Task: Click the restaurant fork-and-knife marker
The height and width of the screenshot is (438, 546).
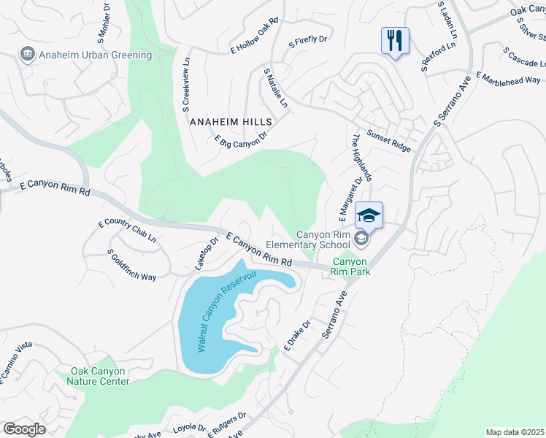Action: [395, 40]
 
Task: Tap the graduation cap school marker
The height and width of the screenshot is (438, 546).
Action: [369, 215]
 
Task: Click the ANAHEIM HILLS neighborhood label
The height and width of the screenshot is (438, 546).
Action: [230, 122]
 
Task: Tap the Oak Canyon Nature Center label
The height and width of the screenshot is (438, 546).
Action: [99, 376]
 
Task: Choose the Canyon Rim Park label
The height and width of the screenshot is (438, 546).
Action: [351, 267]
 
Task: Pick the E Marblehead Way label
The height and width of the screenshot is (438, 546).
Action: [508, 79]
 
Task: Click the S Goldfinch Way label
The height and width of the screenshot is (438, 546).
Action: [131, 265]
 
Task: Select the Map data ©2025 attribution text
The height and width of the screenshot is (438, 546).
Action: [515, 432]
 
